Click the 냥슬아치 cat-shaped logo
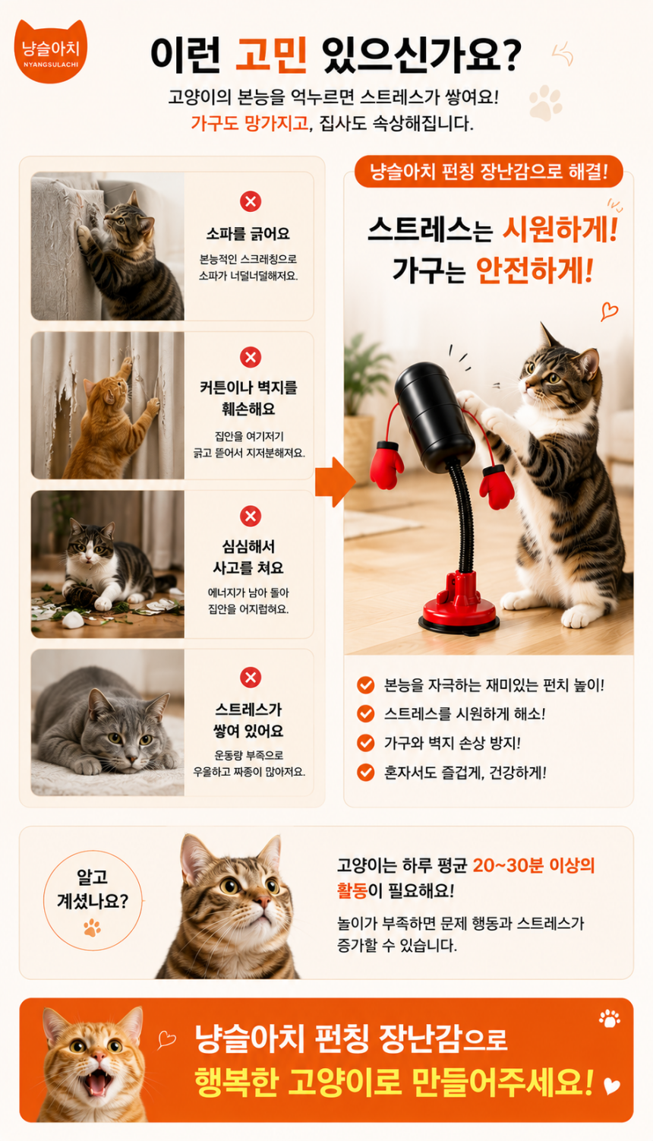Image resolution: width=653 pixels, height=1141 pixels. click(x=50, y=51)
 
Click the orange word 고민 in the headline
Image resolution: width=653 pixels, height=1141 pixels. click(x=271, y=55)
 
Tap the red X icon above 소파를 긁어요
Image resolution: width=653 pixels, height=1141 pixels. click(x=251, y=201)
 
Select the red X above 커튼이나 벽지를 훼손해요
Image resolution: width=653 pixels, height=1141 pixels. click(x=251, y=357)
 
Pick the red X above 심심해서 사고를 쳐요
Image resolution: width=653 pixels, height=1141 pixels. click(x=251, y=516)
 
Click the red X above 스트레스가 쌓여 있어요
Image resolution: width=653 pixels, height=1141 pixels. click(x=251, y=678)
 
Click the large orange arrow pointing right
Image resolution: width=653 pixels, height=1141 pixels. click(x=335, y=482)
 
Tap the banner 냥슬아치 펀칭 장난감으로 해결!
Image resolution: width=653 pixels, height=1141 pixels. click(x=488, y=172)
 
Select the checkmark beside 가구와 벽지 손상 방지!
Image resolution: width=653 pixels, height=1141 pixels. click(x=365, y=743)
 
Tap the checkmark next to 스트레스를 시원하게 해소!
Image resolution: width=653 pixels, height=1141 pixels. click(x=365, y=714)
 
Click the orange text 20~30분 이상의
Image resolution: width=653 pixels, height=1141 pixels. click(x=534, y=865)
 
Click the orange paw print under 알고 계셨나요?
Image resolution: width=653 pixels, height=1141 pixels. click(x=92, y=928)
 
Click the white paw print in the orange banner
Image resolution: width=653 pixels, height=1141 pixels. click(x=609, y=1019)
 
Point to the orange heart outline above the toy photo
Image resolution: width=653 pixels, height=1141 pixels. click(x=609, y=310)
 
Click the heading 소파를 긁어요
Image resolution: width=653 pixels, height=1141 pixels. click(x=248, y=234)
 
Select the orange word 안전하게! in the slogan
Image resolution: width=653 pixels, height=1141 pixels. click(x=535, y=270)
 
